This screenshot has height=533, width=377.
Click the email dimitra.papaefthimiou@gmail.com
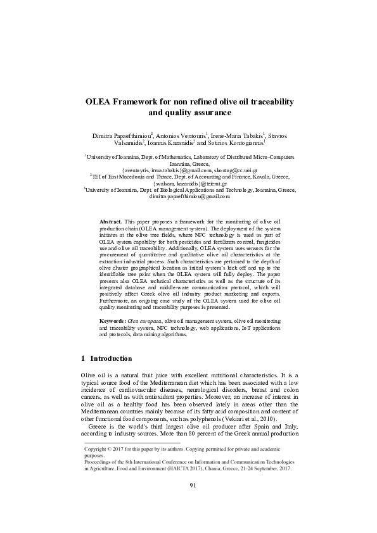(189, 197)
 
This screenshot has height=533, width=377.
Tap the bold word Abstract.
(111, 221)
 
